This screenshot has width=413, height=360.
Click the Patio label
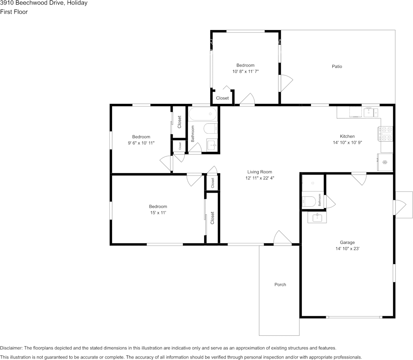click(x=337, y=67)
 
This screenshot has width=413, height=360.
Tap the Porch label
click(x=280, y=285)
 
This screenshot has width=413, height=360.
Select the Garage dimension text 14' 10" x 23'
click(x=347, y=248)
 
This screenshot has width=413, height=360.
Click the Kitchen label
click(x=347, y=136)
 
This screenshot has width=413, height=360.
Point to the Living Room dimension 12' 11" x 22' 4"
click(x=260, y=178)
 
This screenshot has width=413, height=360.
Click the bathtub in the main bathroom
click(x=203, y=114)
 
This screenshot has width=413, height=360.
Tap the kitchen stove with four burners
click(x=386, y=134)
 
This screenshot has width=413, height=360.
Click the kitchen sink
click(x=371, y=112)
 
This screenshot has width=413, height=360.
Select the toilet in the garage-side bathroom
click(x=309, y=202)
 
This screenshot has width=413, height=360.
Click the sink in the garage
click(x=317, y=217)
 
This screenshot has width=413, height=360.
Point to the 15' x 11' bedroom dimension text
click(x=158, y=213)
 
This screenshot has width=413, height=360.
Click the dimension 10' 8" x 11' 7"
click(x=245, y=71)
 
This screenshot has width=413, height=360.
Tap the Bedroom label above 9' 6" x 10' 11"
click(x=141, y=137)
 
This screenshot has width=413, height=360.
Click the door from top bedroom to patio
click(x=286, y=83)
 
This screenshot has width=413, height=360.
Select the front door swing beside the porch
click(x=283, y=237)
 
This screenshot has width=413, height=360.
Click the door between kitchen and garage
click(x=359, y=178)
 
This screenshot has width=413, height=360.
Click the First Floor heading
click(x=14, y=12)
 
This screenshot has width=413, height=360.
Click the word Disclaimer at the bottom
click(x=11, y=348)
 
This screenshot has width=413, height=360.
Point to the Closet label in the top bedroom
click(x=222, y=98)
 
